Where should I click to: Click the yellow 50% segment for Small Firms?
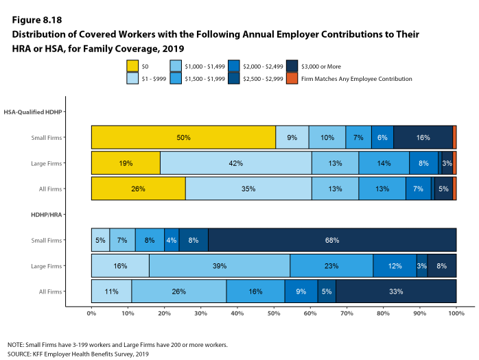click(x=183, y=137)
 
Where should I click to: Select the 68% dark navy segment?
click(x=331, y=240)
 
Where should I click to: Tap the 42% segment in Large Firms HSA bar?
click(x=235, y=163)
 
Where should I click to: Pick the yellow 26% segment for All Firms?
click(x=138, y=189)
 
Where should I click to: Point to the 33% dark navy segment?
click(x=396, y=291)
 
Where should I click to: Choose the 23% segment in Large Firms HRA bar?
click(x=331, y=265)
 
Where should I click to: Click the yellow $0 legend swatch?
click(x=133, y=66)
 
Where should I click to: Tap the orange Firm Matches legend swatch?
click(x=291, y=79)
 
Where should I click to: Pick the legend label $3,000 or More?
click(x=322, y=66)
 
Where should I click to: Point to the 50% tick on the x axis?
click(x=274, y=313)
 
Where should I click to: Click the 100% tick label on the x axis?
click(x=456, y=313)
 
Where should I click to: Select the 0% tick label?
click(x=91, y=313)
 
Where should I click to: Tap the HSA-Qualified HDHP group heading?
click(x=32, y=112)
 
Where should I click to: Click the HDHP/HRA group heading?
click(x=46, y=215)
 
